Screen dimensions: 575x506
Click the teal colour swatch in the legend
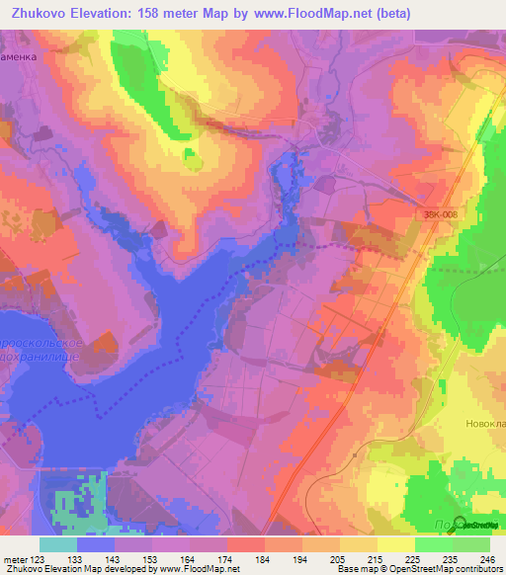coord(58,544)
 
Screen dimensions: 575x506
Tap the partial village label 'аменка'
coord(19,56)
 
